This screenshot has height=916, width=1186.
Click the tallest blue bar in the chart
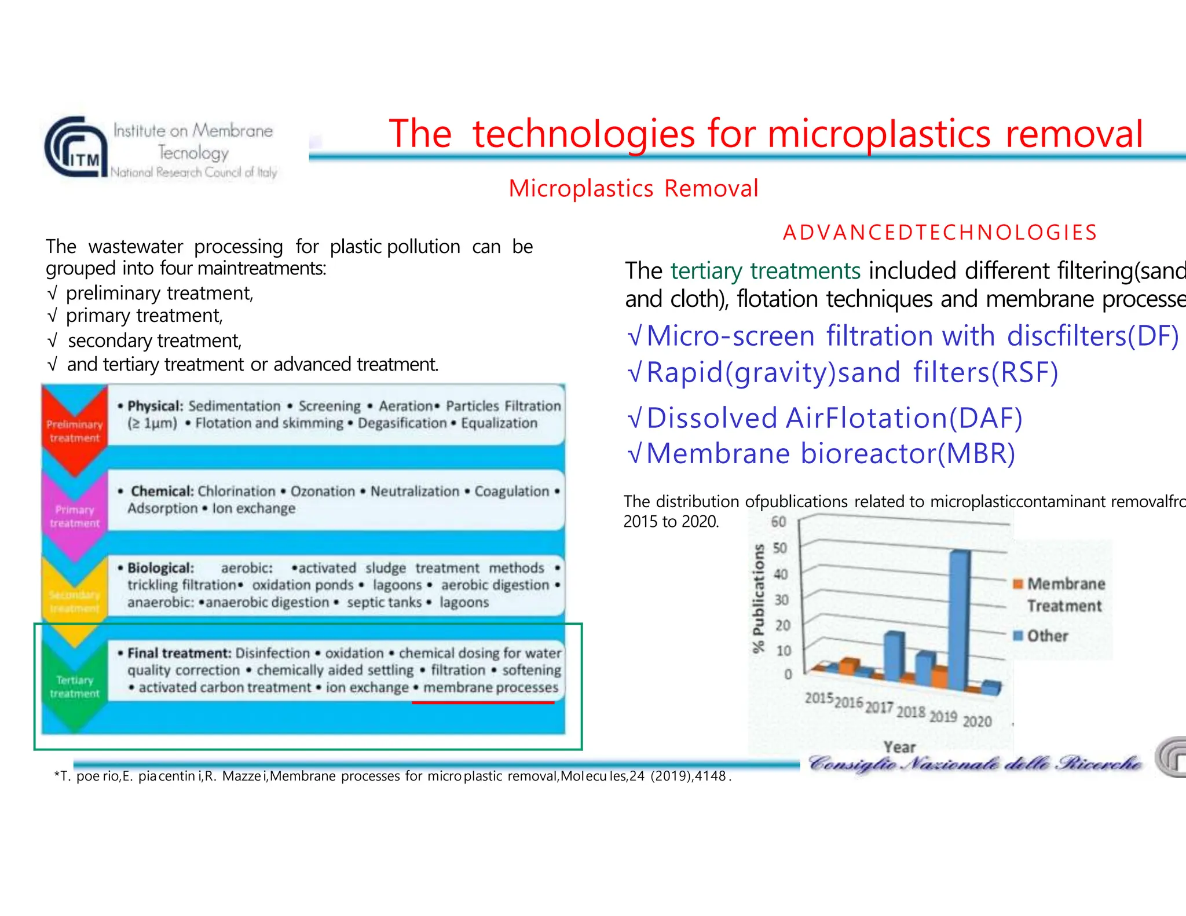pyautogui.click(x=960, y=620)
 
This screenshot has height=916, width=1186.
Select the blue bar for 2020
pyautogui.click(x=992, y=687)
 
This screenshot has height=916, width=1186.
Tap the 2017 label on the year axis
pyautogui.click(x=879, y=708)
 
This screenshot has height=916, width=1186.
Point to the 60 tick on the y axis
pyautogui.click(x=779, y=522)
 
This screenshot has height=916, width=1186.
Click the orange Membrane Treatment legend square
pyautogui.click(x=1018, y=584)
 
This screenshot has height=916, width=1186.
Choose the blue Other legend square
pyautogui.click(x=1018, y=636)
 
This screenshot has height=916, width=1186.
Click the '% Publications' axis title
pyautogui.click(x=758, y=598)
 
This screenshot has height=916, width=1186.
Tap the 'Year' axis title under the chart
pyautogui.click(x=899, y=747)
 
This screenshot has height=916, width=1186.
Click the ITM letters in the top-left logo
pyautogui.click(x=85, y=159)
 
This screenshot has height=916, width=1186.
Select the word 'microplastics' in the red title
pyautogui.click(x=879, y=134)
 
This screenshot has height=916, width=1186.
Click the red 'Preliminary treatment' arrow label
pyautogui.click(x=74, y=431)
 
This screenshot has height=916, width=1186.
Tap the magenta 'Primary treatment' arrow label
pyautogui.click(x=74, y=516)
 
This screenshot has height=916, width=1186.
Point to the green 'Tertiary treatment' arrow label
pyautogui.click(x=74, y=687)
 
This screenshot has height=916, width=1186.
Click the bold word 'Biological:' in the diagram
pyautogui.click(x=160, y=568)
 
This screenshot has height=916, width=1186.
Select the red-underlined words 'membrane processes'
pyautogui.click(x=490, y=688)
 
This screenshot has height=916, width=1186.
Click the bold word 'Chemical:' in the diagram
pyautogui.click(x=162, y=491)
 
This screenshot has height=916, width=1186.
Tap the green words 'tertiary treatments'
pyautogui.click(x=765, y=271)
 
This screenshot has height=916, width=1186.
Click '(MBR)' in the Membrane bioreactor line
pyautogui.click(x=976, y=453)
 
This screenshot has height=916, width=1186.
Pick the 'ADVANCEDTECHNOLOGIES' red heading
pyautogui.click(x=940, y=232)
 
